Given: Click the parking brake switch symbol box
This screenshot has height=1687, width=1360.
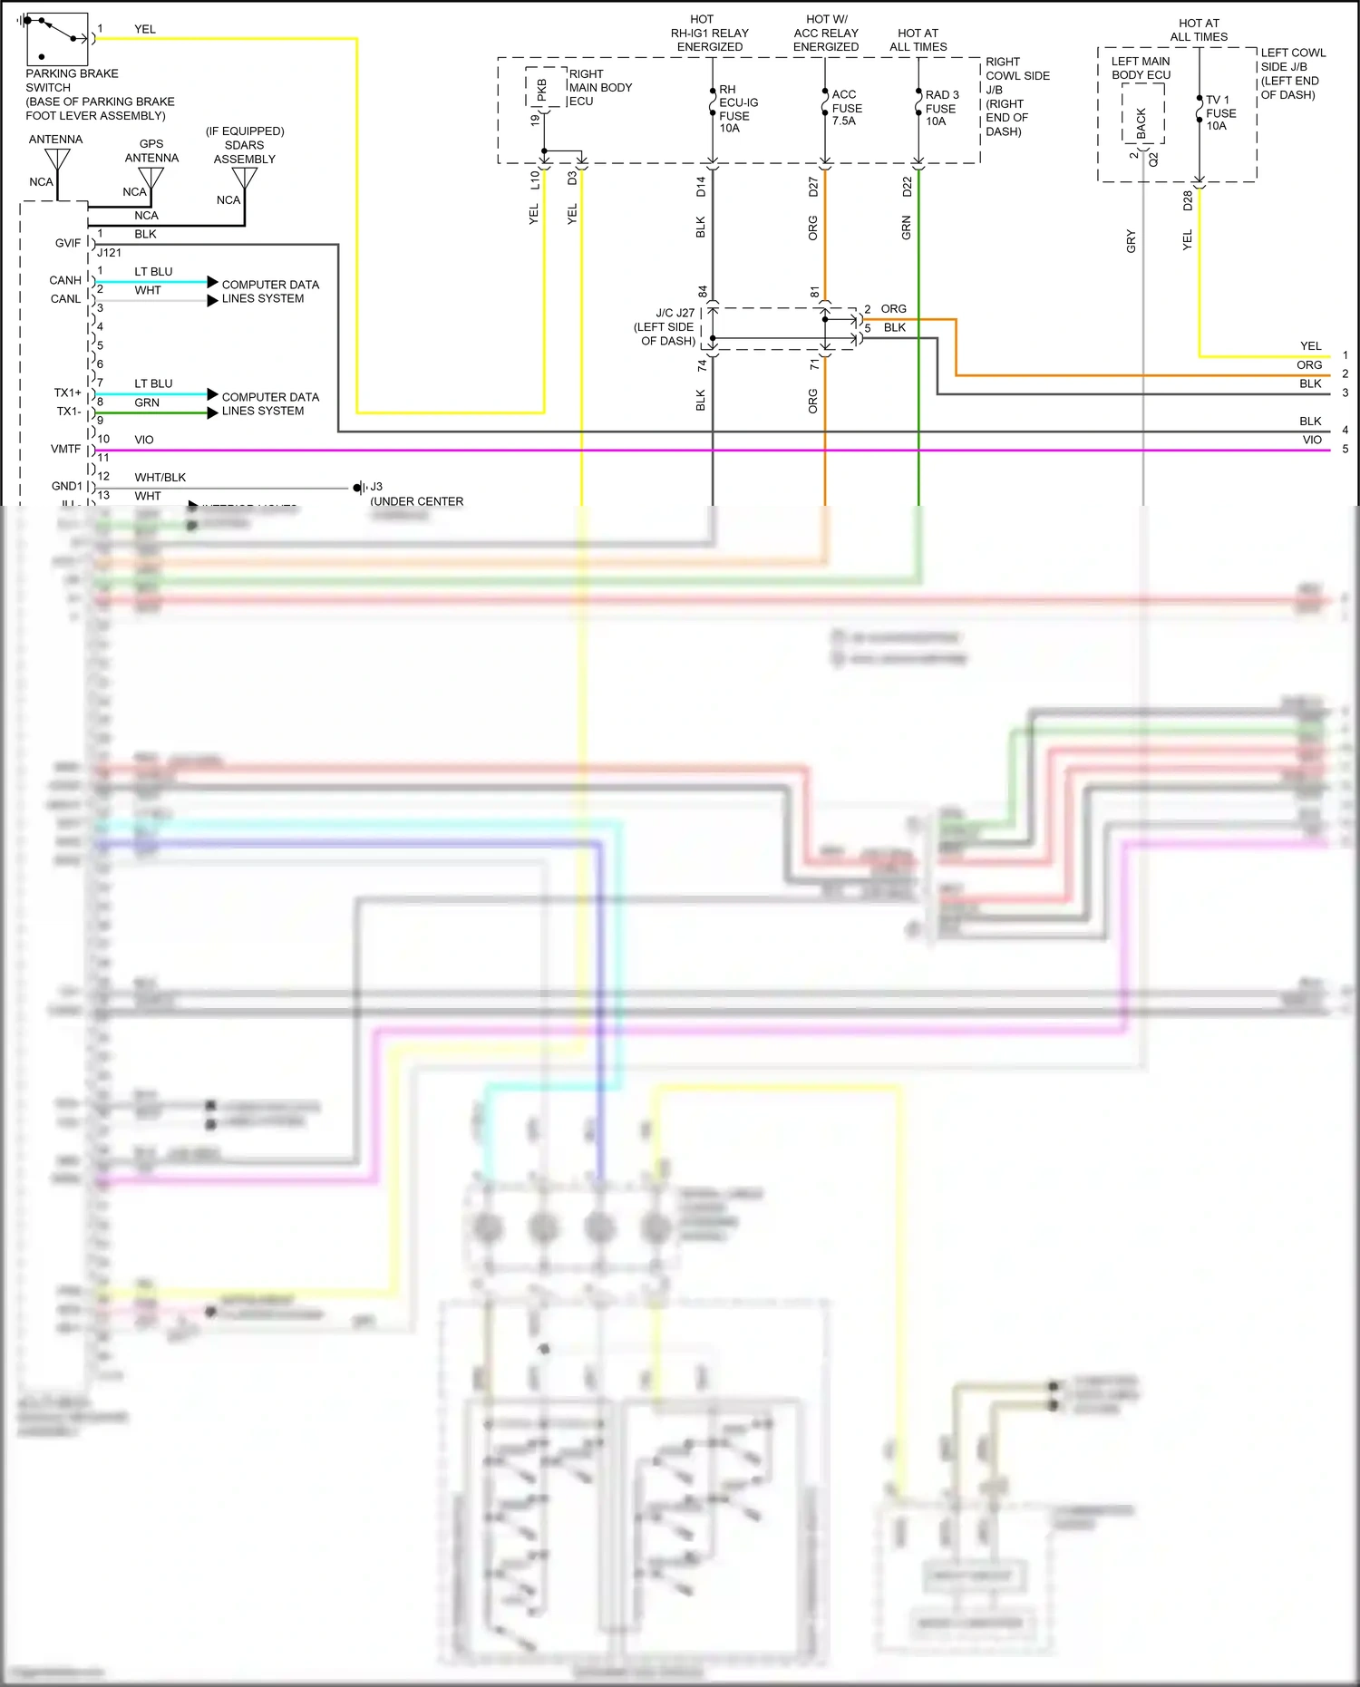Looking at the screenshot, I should pos(57,39).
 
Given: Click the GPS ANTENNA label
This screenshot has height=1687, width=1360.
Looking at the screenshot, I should pos(151,150).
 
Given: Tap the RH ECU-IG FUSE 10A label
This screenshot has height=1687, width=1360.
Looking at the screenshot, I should pos(738,109).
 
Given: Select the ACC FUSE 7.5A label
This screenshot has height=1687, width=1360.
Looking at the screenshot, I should pos(846,107).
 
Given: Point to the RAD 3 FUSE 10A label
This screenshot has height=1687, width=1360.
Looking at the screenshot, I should pos(941,108).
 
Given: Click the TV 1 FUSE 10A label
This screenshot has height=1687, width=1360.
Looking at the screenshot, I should pos(1219,112).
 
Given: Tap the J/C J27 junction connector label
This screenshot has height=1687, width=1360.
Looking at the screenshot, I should pos(666,326).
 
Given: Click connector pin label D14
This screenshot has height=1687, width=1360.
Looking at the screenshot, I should pos(701,187).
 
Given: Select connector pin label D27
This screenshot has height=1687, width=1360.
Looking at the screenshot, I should pos(813,187).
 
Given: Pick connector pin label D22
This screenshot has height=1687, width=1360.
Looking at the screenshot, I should pos(907,187).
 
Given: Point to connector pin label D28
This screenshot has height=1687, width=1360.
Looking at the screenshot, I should pos(1188,200).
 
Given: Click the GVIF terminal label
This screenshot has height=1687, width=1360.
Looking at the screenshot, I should pos(67,243).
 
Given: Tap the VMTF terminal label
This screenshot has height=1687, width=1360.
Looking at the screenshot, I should pos(65,449).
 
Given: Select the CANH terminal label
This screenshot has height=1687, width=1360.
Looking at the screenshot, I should pos(65,280).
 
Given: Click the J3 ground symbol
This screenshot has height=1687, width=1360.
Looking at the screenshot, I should pos(359,488).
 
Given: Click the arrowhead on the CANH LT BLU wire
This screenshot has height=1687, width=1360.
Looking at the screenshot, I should pos(212,282).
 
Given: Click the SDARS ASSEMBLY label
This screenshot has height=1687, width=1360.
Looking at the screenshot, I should pos(244,151).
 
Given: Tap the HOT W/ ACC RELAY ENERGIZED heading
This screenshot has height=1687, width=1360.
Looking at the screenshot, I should pos(825,33).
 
